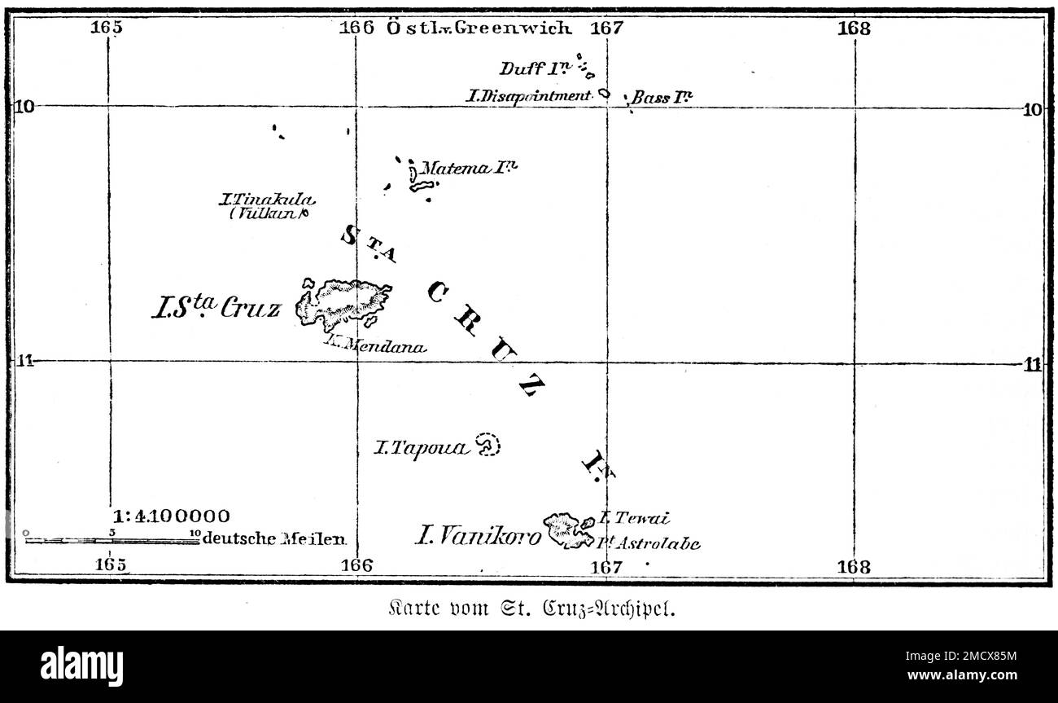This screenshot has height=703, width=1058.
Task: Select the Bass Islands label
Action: (x=662, y=98)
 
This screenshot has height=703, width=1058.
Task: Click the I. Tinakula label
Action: (x=267, y=199)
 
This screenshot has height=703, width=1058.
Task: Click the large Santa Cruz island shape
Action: (x=346, y=301)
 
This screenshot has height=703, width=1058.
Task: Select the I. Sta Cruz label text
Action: (x=216, y=307)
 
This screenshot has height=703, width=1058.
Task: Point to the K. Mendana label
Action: (x=374, y=345)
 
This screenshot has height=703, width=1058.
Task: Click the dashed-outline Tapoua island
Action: (x=488, y=445)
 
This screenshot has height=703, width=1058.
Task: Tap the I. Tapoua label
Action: (x=421, y=447)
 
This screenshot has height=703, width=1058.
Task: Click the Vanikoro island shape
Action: (x=568, y=530)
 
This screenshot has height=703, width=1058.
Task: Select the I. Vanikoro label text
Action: (x=478, y=535)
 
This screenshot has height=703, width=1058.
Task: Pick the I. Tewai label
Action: (x=634, y=517)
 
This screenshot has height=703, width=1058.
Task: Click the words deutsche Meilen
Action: (x=275, y=538)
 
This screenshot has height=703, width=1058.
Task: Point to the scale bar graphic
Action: (x=112, y=538)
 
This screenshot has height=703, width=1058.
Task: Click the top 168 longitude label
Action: (x=854, y=29)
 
